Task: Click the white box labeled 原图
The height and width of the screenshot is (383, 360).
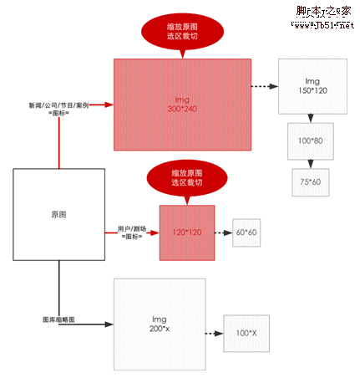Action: click(x=58, y=214)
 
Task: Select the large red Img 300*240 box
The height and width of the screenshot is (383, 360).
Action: click(x=182, y=105)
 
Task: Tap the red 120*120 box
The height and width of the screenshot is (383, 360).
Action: click(x=186, y=231)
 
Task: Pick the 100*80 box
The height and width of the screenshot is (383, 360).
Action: click(x=312, y=142)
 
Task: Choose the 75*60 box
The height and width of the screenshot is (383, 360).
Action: click(x=311, y=181)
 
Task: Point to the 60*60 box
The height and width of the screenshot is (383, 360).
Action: click(x=246, y=232)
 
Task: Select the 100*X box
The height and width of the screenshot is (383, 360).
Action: click(x=246, y=334)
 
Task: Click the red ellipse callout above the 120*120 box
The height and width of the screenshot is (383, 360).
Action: click(x=186, y=176)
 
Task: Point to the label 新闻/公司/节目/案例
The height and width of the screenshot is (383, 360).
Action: click(x=59, y=106)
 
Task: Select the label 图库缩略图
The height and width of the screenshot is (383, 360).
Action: click(x=58, y=319)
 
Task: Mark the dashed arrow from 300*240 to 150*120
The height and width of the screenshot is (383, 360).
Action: click(x=264, y=86)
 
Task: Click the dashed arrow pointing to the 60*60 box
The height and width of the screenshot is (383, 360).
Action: click(x=224, y=232)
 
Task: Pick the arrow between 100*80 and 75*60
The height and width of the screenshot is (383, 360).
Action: click(x=311, y=164)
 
